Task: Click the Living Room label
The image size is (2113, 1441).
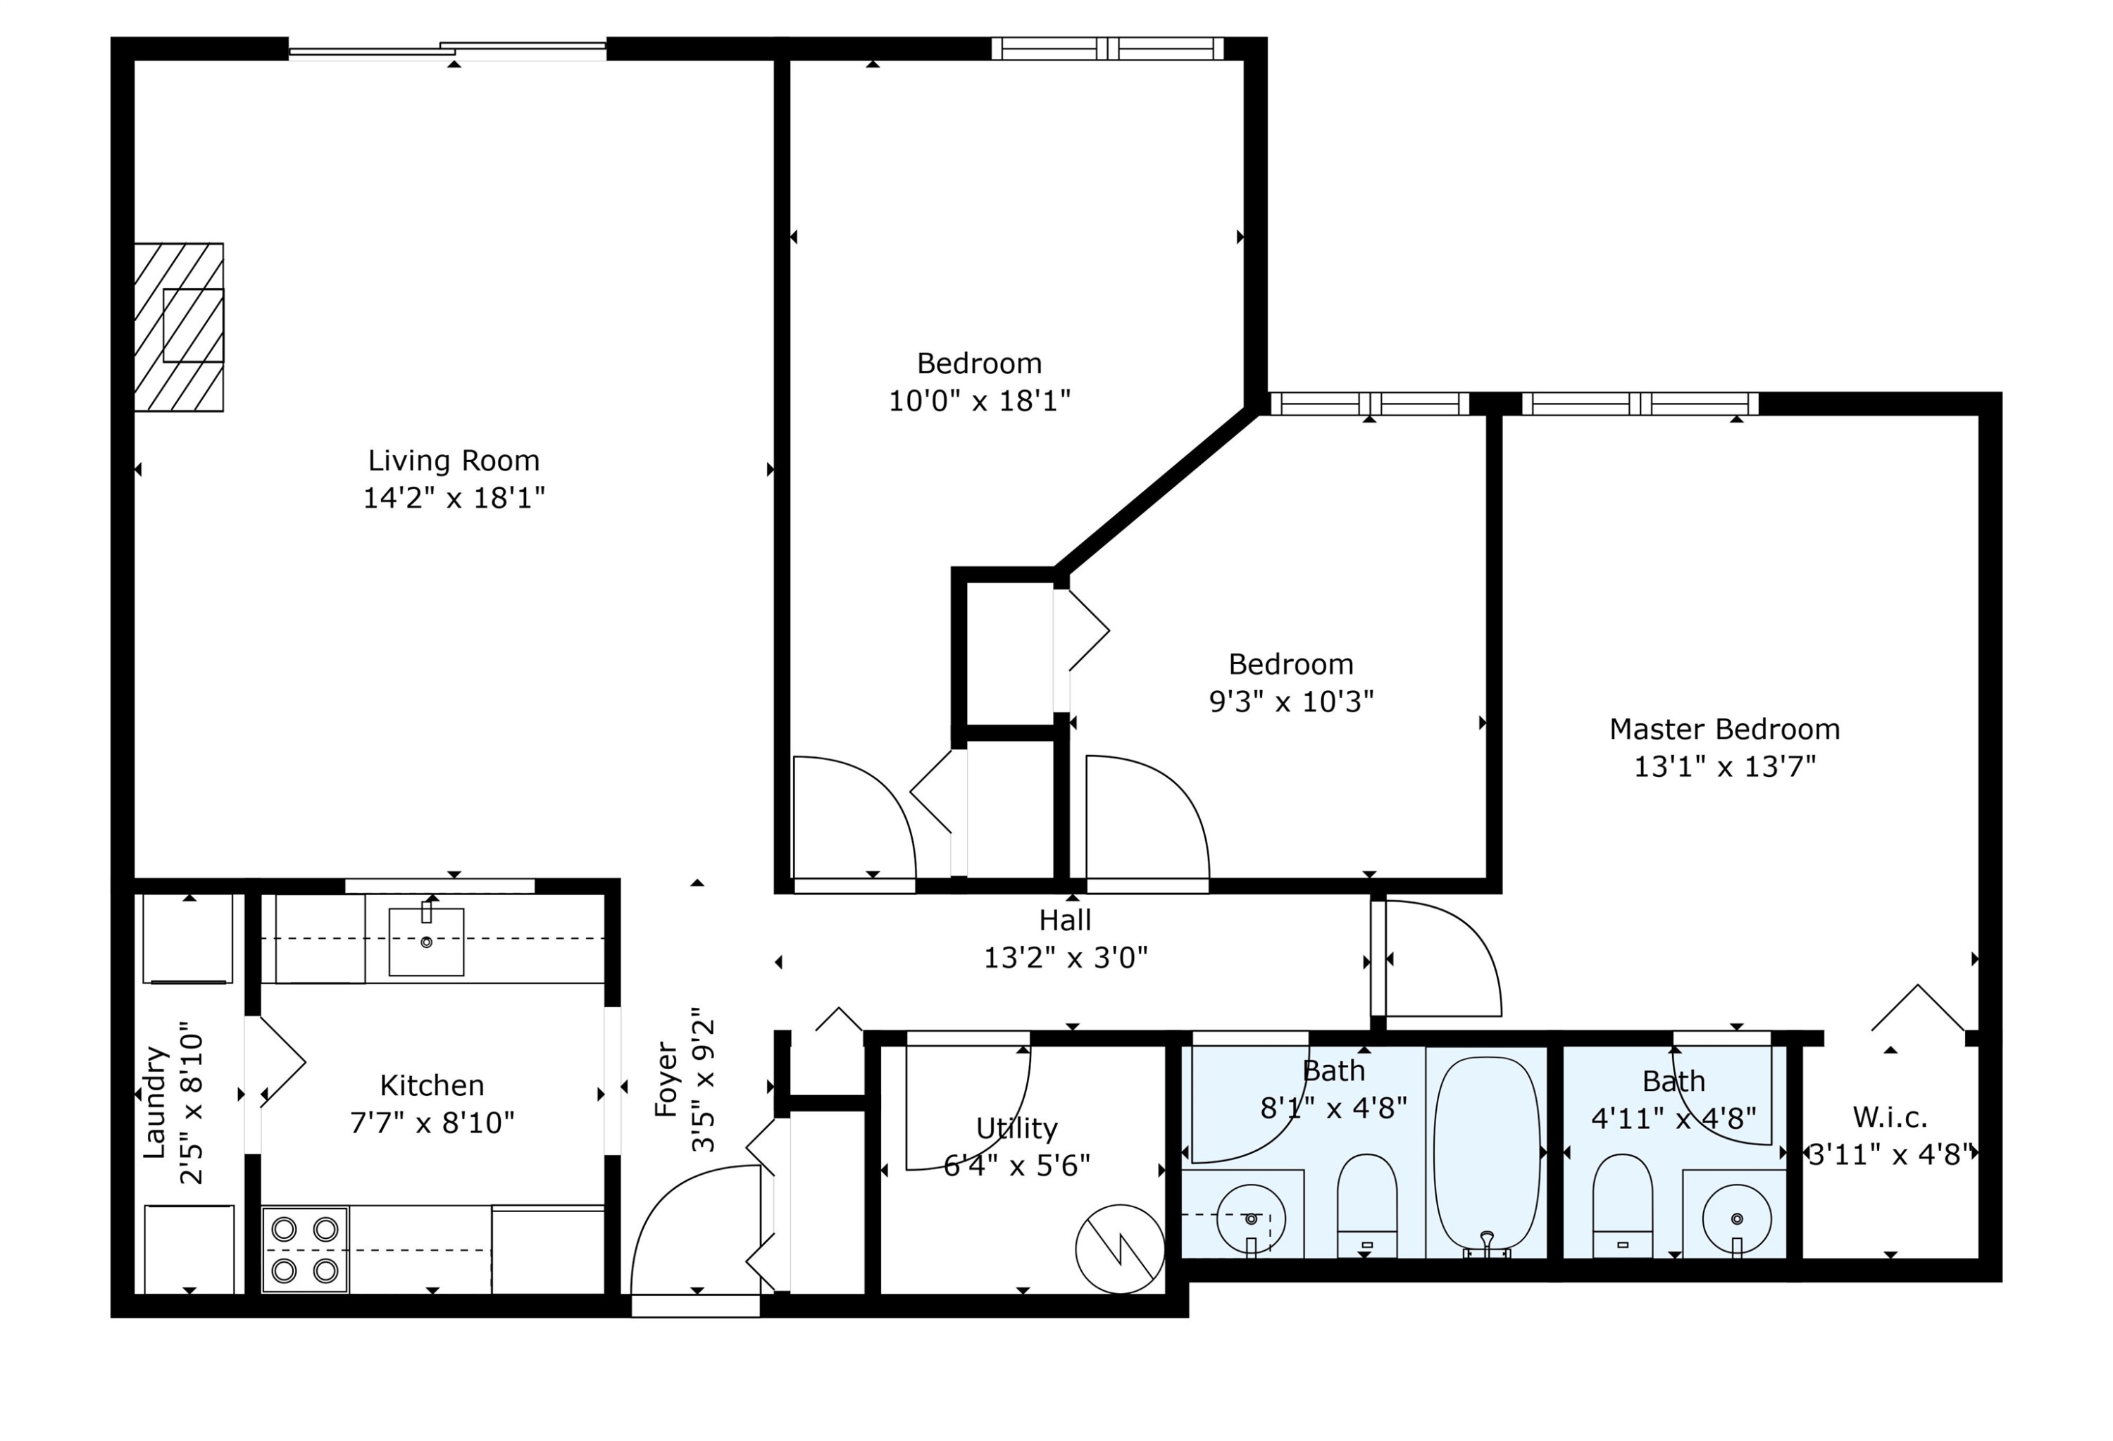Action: [x=454, y=461]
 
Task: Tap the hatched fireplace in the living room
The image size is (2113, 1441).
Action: [x=179, y=327]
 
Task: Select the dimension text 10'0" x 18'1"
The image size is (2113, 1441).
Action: [x=979, y=401]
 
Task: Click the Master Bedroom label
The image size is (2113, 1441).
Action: [x=1724, y=729]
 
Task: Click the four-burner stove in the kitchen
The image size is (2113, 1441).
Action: [x=304, y=1249]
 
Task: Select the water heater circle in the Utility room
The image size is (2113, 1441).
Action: [x=1119, y=1249]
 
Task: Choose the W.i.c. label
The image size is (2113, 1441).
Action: [x=1889, y=1116]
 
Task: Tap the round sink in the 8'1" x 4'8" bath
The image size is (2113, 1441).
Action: [x=1250, y=1218]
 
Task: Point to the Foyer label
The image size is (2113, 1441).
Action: [x=666, y=1079]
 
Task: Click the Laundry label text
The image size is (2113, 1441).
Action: [x=154, y=1102]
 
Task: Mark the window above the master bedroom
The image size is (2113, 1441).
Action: [x=1640, y=404]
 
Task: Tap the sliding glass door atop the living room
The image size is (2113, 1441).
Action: [x=447, y=49]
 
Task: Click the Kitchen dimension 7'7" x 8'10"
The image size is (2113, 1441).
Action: [x=432, y=1123]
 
